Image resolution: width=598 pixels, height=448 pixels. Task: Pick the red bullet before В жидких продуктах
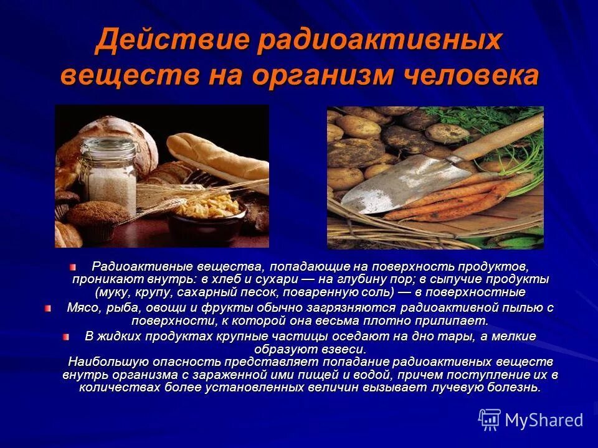66,336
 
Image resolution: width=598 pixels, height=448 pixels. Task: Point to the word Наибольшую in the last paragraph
102,362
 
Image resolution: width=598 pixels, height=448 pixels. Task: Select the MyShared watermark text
544,420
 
